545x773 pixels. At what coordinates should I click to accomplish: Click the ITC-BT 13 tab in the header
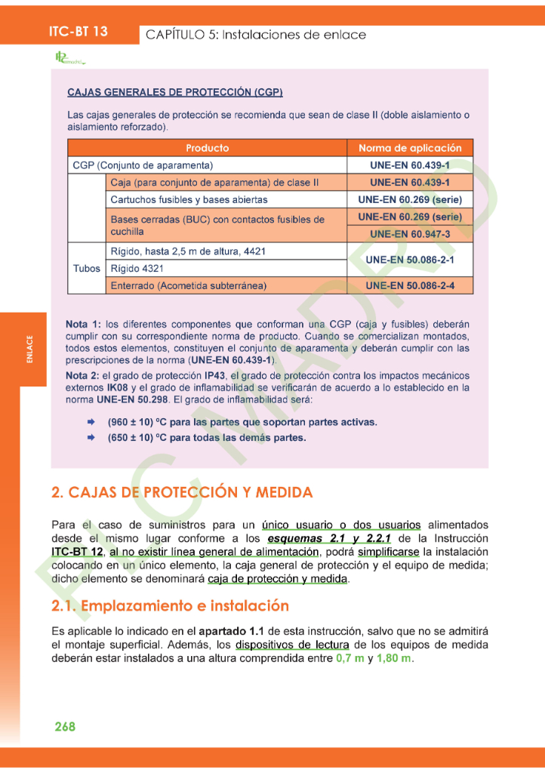pos(78,32)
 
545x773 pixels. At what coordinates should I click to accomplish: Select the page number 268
pos(65,726)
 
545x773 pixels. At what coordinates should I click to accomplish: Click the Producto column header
pos(207,148)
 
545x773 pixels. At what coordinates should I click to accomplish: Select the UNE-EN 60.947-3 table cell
pos(410,234)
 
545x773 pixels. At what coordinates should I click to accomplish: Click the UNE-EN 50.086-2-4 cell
pos(410,286)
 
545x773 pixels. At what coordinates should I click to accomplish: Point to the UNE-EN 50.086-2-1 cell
pos(410,260)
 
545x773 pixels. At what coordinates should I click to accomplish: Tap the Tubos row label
pos(87,268)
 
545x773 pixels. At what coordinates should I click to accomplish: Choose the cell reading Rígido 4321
pos(137,268)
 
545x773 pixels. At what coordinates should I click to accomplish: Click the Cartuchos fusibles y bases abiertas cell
pos(189,200)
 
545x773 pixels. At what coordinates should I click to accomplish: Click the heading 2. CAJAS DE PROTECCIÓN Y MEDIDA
pos(181,493)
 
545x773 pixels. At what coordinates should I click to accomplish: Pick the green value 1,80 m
pos(393,658)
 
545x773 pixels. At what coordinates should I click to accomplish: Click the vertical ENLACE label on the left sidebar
pos(29,349)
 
